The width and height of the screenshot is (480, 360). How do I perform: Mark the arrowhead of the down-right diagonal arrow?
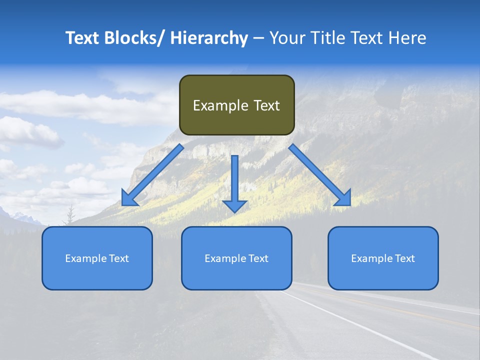[343, 198]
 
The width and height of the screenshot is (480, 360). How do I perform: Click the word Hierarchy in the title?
[209, 38]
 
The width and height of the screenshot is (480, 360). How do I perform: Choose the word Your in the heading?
[287, 38]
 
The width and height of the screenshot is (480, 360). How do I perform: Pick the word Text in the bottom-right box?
[404, 258]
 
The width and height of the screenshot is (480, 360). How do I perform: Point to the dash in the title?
[258, 38]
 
